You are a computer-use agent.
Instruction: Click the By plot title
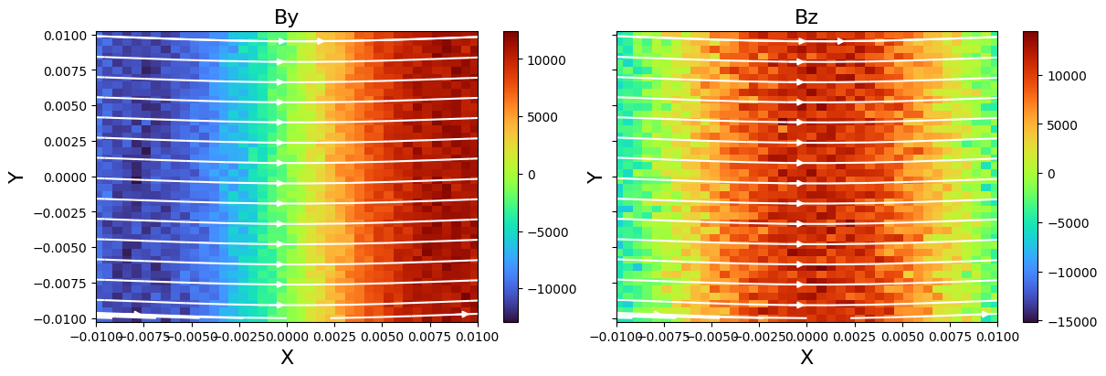click(286, 17)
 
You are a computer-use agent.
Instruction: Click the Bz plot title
click(806, 17)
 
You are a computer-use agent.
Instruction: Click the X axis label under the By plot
click(287, 359)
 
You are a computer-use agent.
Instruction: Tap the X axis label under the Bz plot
click(806, 359)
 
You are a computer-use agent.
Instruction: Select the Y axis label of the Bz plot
click(595, 177)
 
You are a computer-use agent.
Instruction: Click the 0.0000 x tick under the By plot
click(287, 337)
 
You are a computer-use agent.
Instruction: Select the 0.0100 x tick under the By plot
click(477, 337)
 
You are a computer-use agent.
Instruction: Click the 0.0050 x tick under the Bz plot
click(902, 337)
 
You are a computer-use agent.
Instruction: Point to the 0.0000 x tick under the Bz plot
click(806, 337)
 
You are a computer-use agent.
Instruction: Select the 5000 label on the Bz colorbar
click(1060, 125)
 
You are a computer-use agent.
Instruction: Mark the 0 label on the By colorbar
click(531, 175)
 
